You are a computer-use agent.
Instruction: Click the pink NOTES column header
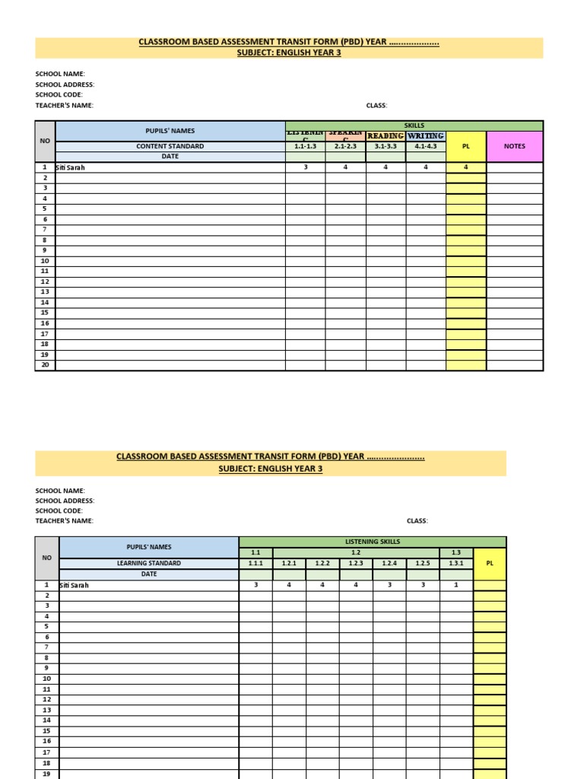[x=515, y=146]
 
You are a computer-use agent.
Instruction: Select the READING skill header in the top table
[x=386, y=135]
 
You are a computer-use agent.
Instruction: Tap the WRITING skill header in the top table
[x=426, y=135]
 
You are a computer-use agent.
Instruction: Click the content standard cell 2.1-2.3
[x=345, y=146]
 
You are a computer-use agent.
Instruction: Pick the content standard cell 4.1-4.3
[x=426, y=146]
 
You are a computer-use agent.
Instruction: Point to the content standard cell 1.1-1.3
[x=305, y=146]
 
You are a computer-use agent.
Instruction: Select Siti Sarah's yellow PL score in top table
[x=466, y=167]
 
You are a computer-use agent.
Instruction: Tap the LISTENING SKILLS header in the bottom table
[x=373, y=542]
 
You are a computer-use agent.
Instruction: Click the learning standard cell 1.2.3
[x=356, y=564]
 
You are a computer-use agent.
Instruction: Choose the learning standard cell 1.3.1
[x=456, y=564]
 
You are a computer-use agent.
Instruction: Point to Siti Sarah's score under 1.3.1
[x=456, y=585]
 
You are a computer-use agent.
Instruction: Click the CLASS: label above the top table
[x=376, y=106]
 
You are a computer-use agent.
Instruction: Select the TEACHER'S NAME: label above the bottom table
[x=65, y=521]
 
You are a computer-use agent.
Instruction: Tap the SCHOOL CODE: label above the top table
[x=59, y=95]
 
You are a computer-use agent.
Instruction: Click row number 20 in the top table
[x=45, y=365]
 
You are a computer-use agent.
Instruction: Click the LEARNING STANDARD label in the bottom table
[x=149, y=564]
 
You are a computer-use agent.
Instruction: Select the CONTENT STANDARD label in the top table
[x=170, y=146]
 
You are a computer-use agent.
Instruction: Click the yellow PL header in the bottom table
[x=490, y=564]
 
